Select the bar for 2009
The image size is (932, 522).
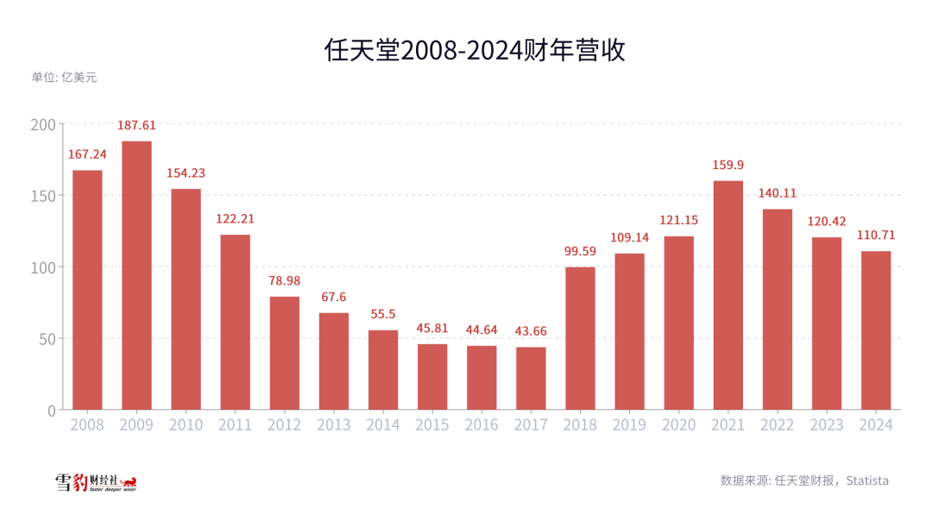click(136, 275)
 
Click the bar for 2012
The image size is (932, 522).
click(285, 353)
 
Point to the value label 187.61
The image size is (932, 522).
click(136, 126)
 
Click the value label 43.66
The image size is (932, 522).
click(531, 332)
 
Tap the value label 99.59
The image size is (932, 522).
click(580, 252)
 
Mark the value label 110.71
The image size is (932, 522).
click(876, 236)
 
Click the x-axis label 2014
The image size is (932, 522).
click(383, 425)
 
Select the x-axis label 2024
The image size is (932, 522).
click(876, 425)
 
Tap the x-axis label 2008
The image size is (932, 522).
click(87, 425)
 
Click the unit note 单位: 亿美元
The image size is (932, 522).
click(65, 77)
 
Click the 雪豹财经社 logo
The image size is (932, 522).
click(96, 482)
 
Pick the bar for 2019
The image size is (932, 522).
click(629, 331)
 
